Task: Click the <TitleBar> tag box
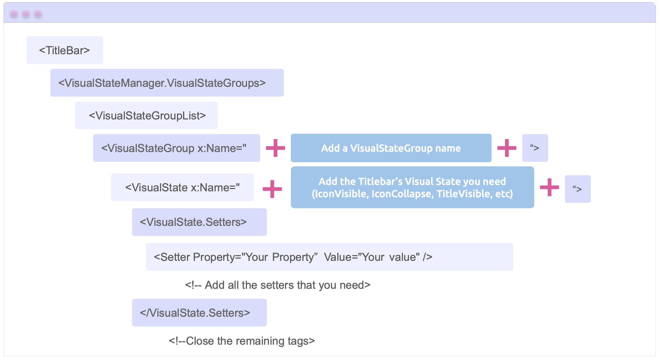[65, 50]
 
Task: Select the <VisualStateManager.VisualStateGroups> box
[167, 83]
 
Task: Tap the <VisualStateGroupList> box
[146, 115]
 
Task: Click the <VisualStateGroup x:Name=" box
[177, 148]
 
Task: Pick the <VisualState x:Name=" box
[182, 187]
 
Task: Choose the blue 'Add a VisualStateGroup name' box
[391, 148]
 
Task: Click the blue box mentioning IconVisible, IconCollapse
[412, 187]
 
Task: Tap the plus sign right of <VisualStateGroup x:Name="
[275, 148]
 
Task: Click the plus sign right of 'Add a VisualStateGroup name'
[507, 148]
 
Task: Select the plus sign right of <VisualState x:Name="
[272, 189]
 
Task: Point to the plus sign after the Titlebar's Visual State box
[549, 187]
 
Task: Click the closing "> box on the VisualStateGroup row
[535, 148]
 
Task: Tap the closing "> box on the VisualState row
[578, 189]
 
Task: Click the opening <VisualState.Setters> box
[199, 222]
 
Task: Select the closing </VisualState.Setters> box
[199, 313]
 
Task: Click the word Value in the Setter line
[337, 257]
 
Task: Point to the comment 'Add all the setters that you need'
[278, 285]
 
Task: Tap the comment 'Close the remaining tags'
[242, 341]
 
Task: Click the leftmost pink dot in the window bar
[14, 14]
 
